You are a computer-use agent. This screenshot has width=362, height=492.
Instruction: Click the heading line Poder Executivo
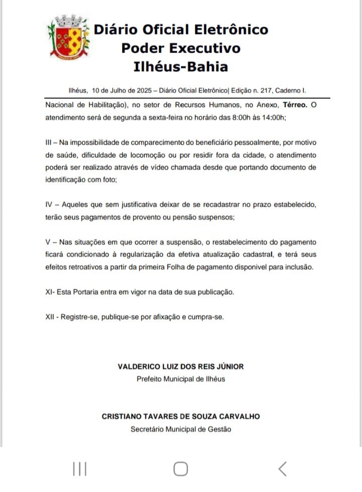tap(180, 48)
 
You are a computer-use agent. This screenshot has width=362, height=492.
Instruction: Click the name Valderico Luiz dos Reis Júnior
tap(180, 367)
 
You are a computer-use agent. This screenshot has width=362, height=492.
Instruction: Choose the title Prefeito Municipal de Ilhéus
tap(180, 379)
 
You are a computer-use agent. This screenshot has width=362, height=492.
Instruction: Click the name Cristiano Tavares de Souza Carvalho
tap(180, 417)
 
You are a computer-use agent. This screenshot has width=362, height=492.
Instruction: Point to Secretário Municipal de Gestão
tap(180, 429)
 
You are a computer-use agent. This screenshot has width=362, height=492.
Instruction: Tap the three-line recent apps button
tap(79, 469)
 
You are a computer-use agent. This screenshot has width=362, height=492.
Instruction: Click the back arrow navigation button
tap(282, 469)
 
